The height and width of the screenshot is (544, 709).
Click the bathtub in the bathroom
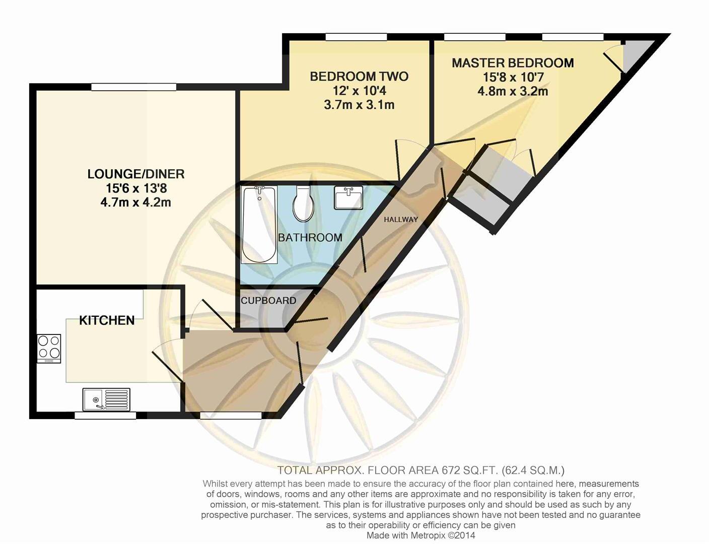259,225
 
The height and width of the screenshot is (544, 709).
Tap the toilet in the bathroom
304,204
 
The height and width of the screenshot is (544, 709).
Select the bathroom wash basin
348,198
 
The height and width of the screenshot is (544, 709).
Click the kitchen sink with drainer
106,399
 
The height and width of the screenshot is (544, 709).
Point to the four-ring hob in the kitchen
49,348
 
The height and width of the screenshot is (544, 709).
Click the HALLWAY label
401,220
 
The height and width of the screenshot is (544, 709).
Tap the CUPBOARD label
268,301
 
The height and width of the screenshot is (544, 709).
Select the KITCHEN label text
107,320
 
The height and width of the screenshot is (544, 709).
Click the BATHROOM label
310,238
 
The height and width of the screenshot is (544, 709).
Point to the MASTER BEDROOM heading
513,63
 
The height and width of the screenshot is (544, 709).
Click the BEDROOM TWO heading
359,77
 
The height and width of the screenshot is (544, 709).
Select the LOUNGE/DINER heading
136,174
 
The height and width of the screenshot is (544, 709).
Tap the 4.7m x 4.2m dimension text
136,202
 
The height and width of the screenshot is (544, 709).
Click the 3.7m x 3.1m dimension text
359,105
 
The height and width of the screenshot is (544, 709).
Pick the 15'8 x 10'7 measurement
513,78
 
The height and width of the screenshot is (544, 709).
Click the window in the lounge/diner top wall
134,87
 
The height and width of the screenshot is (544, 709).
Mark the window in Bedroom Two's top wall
357,37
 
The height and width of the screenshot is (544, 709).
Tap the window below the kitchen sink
105,416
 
